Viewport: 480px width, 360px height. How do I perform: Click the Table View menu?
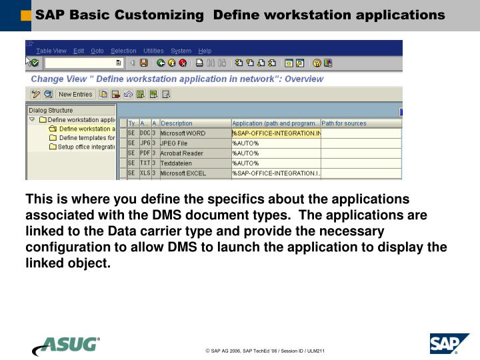coord(51,51)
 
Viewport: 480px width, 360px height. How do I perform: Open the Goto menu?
coord(97,51)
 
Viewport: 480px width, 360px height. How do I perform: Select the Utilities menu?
coord(153,51)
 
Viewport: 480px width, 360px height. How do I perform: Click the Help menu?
coord(205,51)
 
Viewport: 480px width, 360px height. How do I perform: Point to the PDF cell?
coord(145,153)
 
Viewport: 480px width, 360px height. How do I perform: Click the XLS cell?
coord(145,173)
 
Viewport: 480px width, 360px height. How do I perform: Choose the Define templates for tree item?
coord(87,138)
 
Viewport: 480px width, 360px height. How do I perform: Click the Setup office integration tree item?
coord(87,147)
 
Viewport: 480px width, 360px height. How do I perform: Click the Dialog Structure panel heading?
coord(51,111)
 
